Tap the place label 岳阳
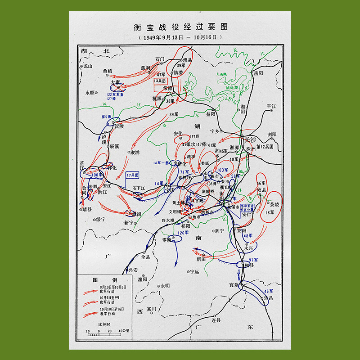pos(258,73)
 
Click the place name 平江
pos(271,107)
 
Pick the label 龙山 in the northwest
pos(87,66)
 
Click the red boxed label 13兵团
pos(160,81)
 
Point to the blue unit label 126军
pos(184,233)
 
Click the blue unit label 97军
pos(253,260)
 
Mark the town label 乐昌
pos(269,297)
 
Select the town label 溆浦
pos(135,153)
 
